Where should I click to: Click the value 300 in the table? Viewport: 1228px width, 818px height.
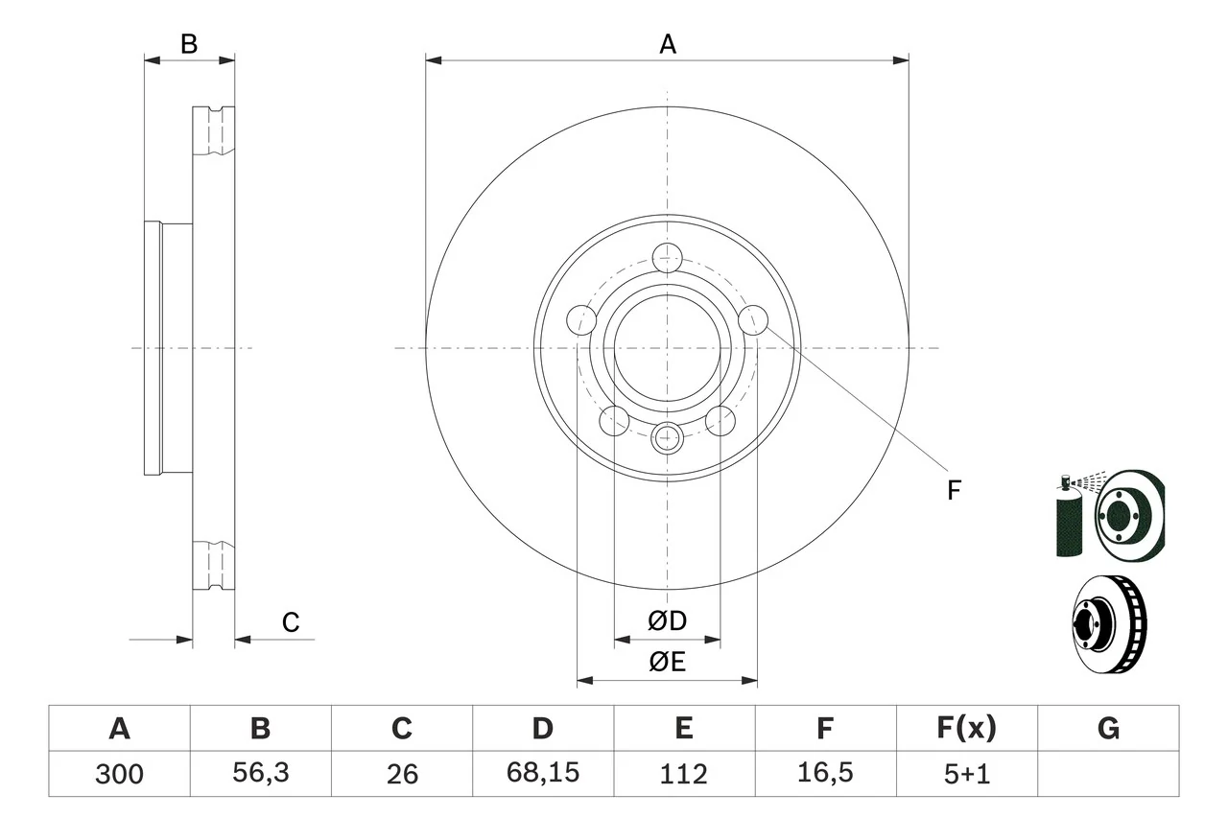(119, 773)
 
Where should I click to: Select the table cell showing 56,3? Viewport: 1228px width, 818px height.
(260, 773)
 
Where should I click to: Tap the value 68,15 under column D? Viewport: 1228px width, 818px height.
(542, 773)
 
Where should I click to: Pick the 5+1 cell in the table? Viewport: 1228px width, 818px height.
(966, 773)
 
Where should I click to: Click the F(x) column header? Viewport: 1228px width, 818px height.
(966, 729)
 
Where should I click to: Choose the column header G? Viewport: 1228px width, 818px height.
(1108, 729)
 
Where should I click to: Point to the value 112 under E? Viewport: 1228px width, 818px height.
(683, 773)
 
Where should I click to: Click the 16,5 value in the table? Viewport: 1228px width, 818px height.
(824, 773)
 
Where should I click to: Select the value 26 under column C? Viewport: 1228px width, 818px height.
(401, 773)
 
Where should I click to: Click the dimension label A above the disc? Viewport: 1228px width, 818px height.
(667, 43)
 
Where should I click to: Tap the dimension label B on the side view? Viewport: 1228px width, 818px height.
(189, 43)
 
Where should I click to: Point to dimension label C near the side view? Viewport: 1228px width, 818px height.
(291, 622)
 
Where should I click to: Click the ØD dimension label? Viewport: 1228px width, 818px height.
(667, 621)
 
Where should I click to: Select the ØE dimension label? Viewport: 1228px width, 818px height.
(667, 662)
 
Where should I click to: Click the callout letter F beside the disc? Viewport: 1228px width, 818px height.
(953, 490)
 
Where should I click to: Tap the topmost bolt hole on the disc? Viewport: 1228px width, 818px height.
(667, 258)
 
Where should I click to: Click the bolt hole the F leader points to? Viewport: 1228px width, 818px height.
(753, 319)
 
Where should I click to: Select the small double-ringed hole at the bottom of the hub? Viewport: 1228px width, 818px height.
(667, 438)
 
